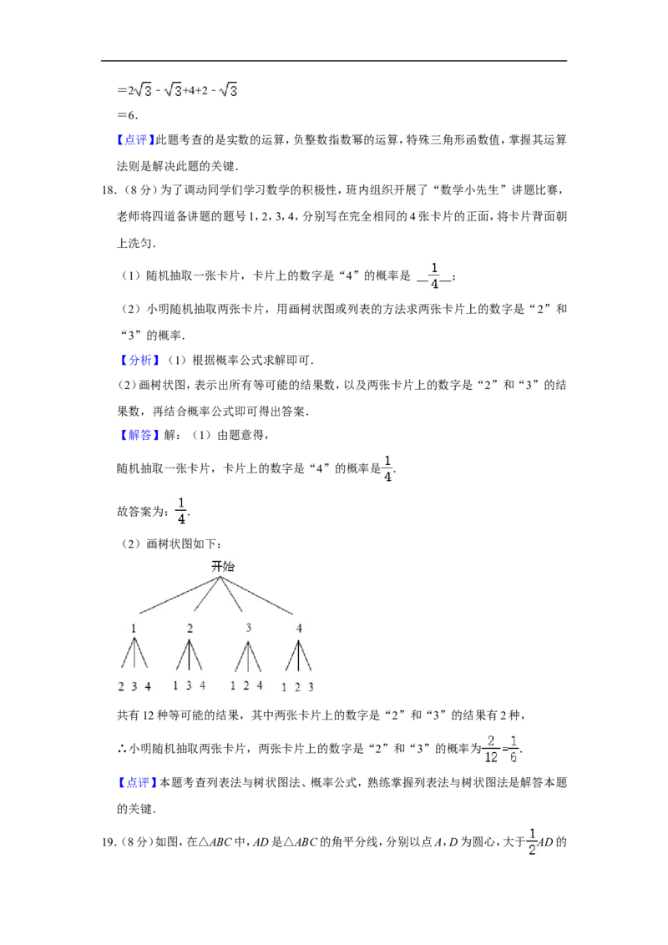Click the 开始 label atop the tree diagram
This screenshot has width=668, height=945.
222,566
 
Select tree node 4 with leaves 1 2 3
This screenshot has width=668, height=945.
299,628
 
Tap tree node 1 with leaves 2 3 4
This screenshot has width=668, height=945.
134,628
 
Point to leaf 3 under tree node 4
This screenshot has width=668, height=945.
311,686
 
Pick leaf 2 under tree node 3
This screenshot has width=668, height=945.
246,685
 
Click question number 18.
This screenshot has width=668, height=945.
109,190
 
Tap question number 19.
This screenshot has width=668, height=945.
109,842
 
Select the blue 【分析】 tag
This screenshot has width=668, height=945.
140,361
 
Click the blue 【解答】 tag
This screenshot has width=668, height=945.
140,435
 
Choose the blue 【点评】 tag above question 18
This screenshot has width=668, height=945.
135,139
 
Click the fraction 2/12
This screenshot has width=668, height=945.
491,749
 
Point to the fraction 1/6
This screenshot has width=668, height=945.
514,749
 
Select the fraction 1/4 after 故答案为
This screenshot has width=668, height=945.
181,510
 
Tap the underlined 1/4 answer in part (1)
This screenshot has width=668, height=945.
435,275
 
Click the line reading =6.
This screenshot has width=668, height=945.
128,115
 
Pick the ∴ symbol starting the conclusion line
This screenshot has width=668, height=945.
122,749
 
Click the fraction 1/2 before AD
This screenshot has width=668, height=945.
532,842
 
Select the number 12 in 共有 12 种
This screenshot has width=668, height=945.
149,715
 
